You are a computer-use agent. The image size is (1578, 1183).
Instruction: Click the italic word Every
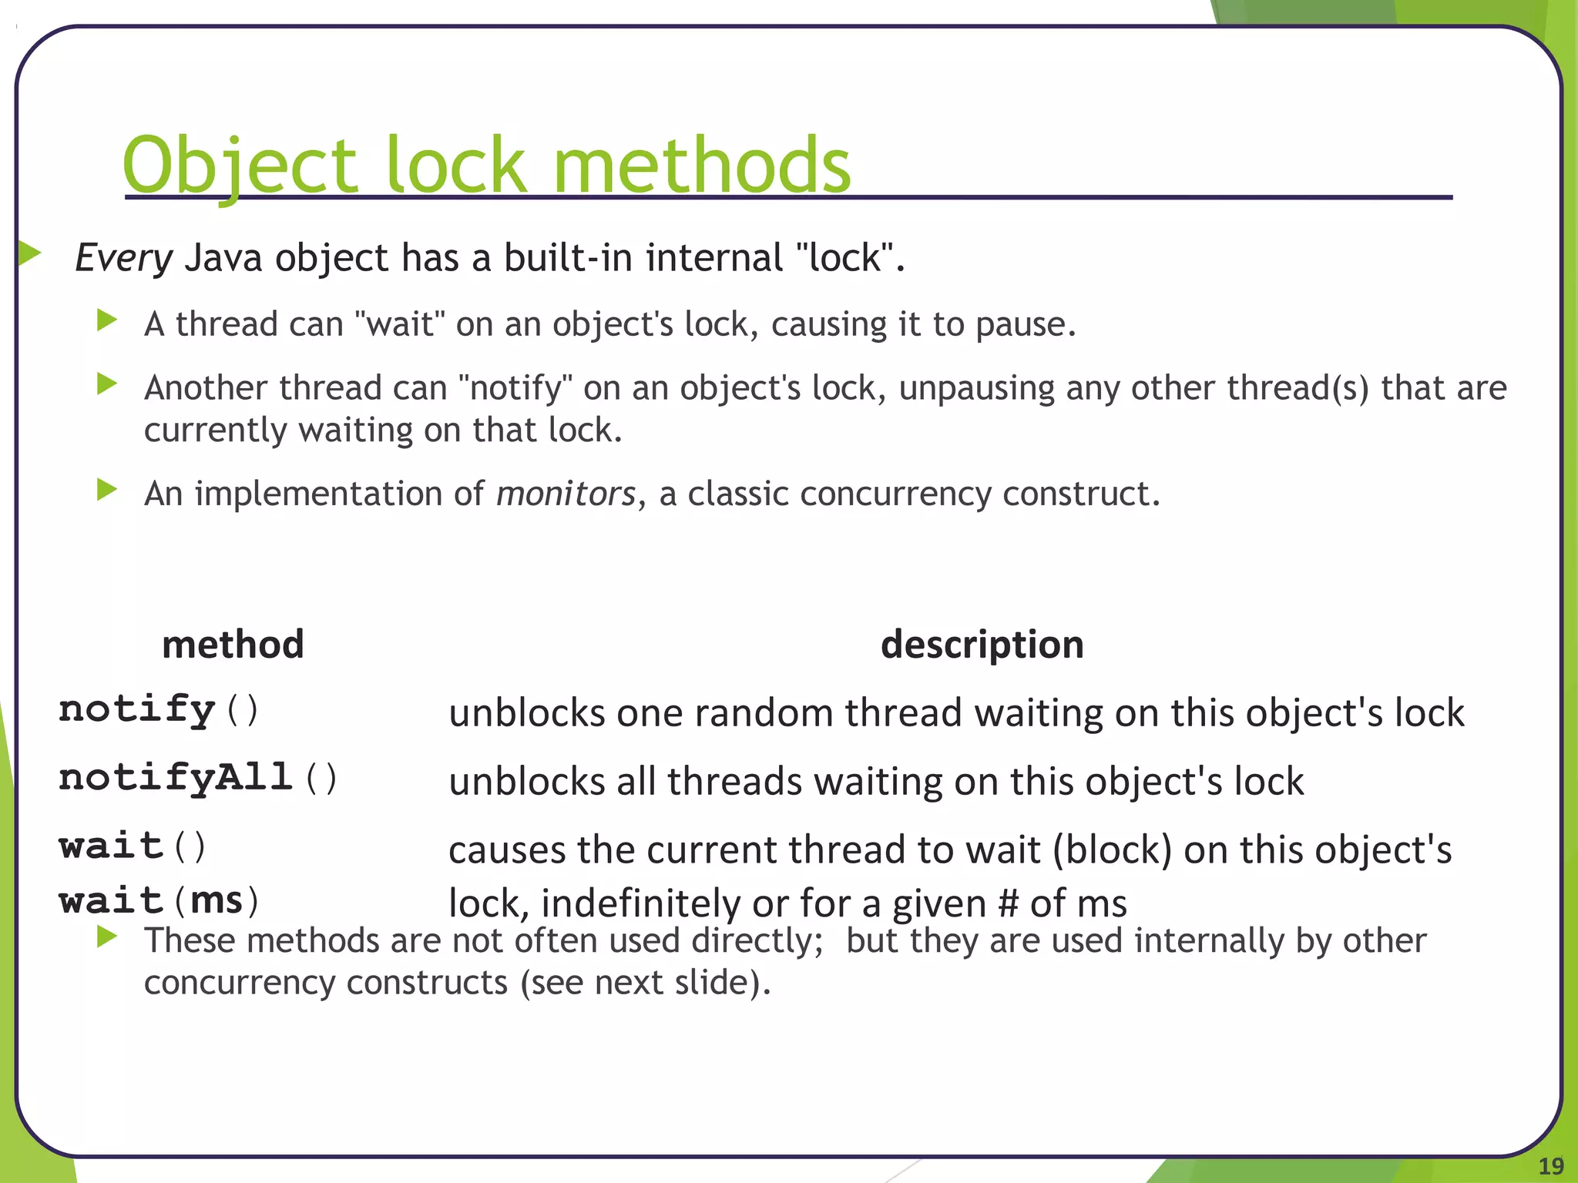pyautogui.click(x=123, y=258)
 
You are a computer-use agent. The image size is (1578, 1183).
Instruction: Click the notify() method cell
pyautogui.click(x=159, y=709)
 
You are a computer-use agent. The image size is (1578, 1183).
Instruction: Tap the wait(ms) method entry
pyautogui.click(x=159, y=900)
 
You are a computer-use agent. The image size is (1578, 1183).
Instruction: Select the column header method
pyautogui.click(x=233, y=644)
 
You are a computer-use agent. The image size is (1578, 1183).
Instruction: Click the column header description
pyautogui.click(x=982, y=644)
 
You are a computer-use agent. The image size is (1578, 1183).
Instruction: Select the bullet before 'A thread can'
pyautogui.click(x=107, y=320)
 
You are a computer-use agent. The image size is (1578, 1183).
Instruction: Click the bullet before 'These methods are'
pyautogui.click(x=107, y=937)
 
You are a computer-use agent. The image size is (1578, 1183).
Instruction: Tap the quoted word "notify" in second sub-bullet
pyautogui.click(x=515, y=388)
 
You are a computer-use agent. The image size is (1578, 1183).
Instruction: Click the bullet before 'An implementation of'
pyautogui.click(x=107, y=489)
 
